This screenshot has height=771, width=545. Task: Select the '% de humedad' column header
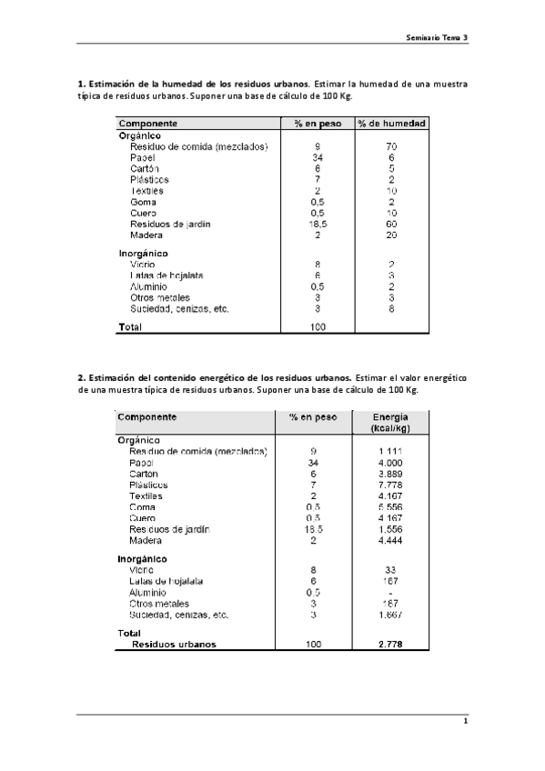pos(391,124)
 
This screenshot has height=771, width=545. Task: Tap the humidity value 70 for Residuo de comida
pos(391,145)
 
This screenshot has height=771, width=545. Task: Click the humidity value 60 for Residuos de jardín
pos(391,224)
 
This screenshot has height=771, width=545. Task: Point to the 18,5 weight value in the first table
pos(318,224)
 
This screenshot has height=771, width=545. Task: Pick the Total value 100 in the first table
pos(318,326)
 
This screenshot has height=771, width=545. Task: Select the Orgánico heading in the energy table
pos(139,439)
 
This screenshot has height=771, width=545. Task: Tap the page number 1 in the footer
pos(465,722)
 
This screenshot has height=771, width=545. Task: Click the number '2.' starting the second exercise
pos(81,377)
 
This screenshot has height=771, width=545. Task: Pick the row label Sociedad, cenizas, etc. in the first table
pos(179,308)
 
